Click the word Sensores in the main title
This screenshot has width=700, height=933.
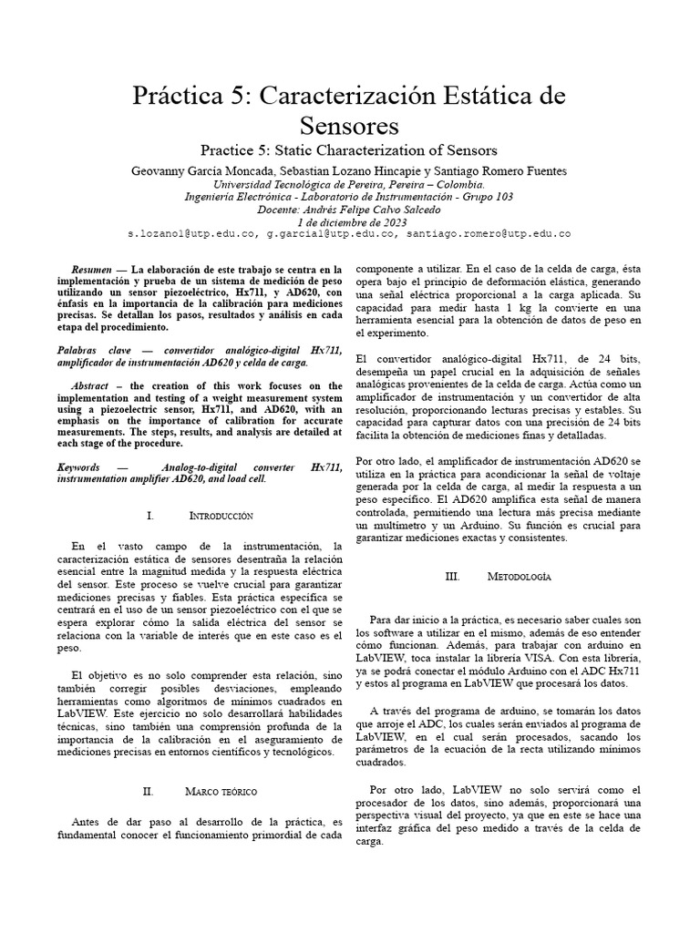click(x=349, y=124)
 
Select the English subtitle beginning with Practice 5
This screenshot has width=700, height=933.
click(x=349, y=150)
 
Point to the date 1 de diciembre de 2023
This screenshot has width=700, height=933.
click(x=349, y=221)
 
